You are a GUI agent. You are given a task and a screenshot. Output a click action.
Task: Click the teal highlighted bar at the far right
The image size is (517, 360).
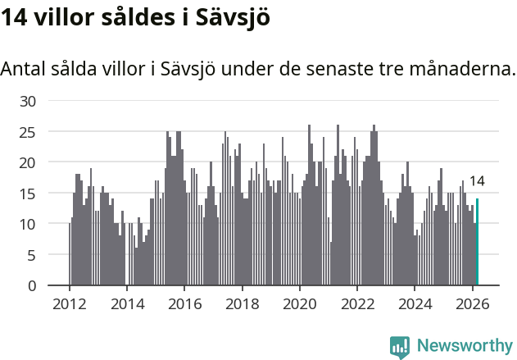click(x=477, y=242)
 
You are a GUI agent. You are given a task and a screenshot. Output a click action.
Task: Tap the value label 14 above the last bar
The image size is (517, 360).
click(x=477, y=181)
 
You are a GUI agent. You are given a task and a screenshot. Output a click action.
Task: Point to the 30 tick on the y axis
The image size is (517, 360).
click(x=28, y=101)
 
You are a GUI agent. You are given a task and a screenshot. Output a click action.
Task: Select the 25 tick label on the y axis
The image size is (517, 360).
click(x=28, y=132)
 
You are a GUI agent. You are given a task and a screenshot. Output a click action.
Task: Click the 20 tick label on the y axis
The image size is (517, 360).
click(x=28, y=162)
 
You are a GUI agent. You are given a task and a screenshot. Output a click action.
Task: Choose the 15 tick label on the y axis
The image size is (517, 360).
click(x=28, y=194)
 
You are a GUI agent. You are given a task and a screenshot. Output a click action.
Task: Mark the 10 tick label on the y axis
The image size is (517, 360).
click(x=28, y=224)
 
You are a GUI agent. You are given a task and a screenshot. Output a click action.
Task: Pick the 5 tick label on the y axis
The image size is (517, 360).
click(x=32, y=255)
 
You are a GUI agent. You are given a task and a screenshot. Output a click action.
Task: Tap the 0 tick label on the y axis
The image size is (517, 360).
click(x=32, y=285)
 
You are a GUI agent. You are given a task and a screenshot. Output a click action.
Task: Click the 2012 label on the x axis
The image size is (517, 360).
click(x=69, y=303)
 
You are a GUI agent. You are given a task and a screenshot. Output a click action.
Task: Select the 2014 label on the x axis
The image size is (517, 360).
click(x=126, y=303)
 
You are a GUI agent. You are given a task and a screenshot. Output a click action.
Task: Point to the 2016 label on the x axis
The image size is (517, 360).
click(x=184, y=303)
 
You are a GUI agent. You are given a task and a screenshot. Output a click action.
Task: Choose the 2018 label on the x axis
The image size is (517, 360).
click(x=242, y=303)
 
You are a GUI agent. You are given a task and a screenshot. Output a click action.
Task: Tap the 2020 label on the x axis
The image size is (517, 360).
click(x=300, y=303)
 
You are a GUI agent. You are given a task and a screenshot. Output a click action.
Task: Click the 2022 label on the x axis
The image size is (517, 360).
click(x=357, y=303)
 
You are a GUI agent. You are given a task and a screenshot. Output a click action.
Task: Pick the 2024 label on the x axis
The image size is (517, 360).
click(x=415, y=303)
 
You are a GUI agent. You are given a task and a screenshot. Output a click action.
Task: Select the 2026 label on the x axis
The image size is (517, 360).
click(x=473, y=303)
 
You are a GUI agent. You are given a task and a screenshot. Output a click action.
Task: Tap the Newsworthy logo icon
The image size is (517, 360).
click(x=400, y=346)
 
